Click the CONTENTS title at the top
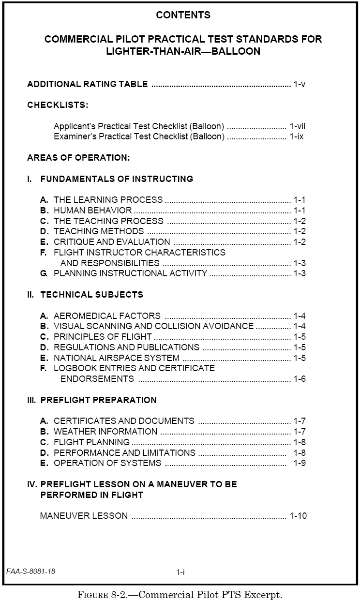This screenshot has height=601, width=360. (x=183, y=15)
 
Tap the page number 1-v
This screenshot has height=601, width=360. (x=300, y=84)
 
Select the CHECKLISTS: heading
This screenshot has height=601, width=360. (x=58, y=105)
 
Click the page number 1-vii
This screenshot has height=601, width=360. (x=298, y=126)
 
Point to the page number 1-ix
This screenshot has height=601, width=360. (x=297, y=137)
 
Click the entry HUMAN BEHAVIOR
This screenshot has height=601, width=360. (x=92, y=210)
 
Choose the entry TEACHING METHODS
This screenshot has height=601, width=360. (x=99, y=231)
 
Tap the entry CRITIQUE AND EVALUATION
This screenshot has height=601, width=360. (x=112, y=242)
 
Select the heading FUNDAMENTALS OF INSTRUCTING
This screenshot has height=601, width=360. (x=117, y=179)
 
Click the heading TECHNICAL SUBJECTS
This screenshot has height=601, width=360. (x=91, y=295)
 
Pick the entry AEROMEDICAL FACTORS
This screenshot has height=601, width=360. (x=107, y=316)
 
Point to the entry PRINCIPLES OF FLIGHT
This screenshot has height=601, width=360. (x=103, y=337)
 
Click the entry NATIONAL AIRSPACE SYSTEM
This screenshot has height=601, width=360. (x=117, y=358)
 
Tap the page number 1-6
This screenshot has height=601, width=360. (x=300, y=379)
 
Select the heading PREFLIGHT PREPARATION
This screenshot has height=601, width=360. (x=98, y=400)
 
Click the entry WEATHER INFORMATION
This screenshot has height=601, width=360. (x=105, y=432)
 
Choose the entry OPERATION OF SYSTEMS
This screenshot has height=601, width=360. (x=107, y=463)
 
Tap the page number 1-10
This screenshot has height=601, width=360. (x=298, y=516)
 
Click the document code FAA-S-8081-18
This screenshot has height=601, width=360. (x=31, y=571)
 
